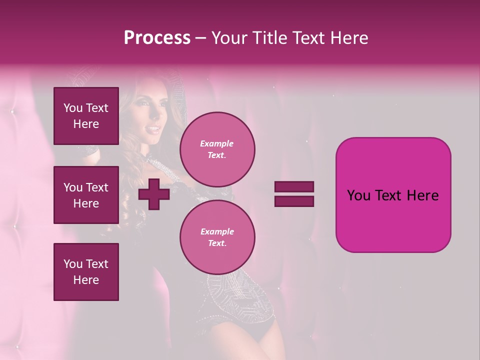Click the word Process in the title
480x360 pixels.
click(157, 38)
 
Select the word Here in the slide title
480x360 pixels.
click(348, 38)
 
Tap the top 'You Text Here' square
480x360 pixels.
click(86, 116)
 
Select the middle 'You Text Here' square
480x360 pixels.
click(86, 195)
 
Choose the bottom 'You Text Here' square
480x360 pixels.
click(86, 271)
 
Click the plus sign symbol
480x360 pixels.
click(153, 194)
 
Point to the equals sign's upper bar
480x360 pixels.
click(294, 187)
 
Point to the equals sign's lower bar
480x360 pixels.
click(294, 201)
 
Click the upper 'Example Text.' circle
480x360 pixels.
click(217, 149)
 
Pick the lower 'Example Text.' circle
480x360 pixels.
click(217, 237)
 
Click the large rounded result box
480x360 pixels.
click(393, 195)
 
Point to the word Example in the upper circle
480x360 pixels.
click(217, 143)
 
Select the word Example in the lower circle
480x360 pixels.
click(217, 231)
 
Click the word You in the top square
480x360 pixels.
click(73, 108)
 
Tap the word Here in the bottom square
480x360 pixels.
click(86, 280)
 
